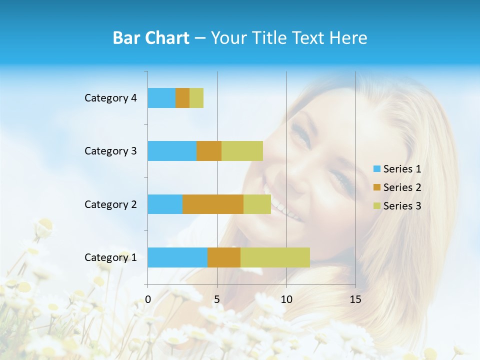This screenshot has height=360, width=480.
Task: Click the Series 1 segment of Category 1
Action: [x=177, y=257]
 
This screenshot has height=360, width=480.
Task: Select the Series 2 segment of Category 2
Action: [x=213, y=204]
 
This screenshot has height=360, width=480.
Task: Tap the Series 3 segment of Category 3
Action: [x=242, y=151]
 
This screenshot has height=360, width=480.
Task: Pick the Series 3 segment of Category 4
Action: [x=196, y=98]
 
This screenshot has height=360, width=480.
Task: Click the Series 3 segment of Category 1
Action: [x=275, y=257]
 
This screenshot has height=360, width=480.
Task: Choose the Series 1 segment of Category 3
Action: [x=172, y=151]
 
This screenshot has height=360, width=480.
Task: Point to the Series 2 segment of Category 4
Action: [x=182, y=98]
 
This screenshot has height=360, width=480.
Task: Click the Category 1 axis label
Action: [x=110, y=257]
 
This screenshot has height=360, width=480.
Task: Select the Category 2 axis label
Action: [x=110, y=204]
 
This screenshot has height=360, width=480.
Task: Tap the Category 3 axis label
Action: [x=110, y=151]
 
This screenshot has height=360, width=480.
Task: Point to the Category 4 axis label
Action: [x=110, y=98]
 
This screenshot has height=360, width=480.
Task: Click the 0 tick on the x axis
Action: [x=148, y=299]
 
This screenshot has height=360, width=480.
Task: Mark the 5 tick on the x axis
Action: [x=217, y=299]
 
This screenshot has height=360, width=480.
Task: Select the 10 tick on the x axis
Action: [x=286, y=299]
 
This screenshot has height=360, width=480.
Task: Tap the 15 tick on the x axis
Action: [x=355, y=299]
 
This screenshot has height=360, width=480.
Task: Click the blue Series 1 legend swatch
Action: [x=377, y=169]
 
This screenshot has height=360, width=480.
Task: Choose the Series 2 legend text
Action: [x=402, y=187]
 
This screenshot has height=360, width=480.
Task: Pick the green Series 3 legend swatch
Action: [x=377, y=206]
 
